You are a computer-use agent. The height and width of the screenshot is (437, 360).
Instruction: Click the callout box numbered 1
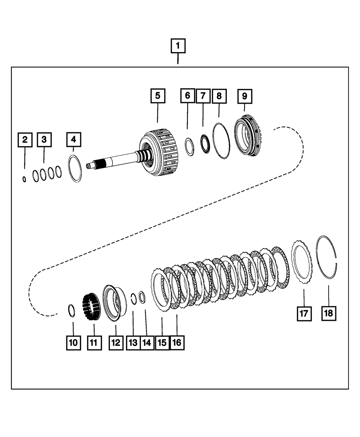pyautogui.click(x=178, y=46)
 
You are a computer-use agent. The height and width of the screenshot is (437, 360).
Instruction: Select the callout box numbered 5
pyautogui.click(x=158, y=96)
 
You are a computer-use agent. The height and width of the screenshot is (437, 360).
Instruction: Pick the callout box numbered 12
pyautogui.click(x=116, y=343)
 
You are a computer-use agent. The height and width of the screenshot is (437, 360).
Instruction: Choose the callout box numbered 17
pyautogui.click(x=304, y=314)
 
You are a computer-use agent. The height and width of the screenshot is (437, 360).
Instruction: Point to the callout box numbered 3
pyautogui.click(x=44, y=140)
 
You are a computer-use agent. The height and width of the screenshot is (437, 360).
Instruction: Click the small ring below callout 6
pyautogui.click(x=190, y=147)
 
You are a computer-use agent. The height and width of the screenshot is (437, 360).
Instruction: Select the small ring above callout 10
pyautogui.click(x=71, y=310)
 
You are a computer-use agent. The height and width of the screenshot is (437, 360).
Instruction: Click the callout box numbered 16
pyautogui.click(x=176, y=343)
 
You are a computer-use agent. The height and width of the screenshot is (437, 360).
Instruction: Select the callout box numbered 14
pyautogui.click(x=146, y=343)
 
